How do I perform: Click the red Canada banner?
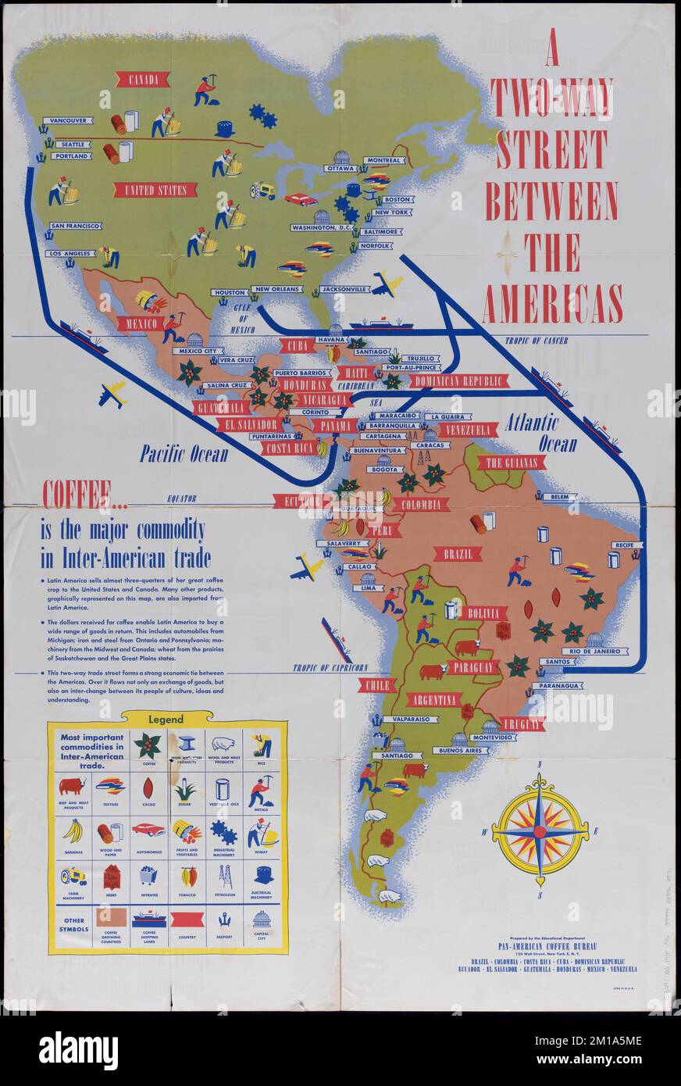(142, 79)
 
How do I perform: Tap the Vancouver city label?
(67, 121)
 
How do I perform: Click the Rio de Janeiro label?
(594, 651)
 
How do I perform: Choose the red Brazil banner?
(458, 554)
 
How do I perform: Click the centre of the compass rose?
(540, 832)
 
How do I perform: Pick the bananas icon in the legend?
(73, 831)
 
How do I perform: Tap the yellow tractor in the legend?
(73, 877)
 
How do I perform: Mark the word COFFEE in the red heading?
(76, 496)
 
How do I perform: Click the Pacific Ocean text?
(184, 454)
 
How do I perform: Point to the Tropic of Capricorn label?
(330, 668)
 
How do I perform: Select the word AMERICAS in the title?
(552, 304)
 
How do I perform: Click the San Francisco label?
(75, 226)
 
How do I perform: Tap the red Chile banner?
(376, 685)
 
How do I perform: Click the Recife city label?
(623, 545)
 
